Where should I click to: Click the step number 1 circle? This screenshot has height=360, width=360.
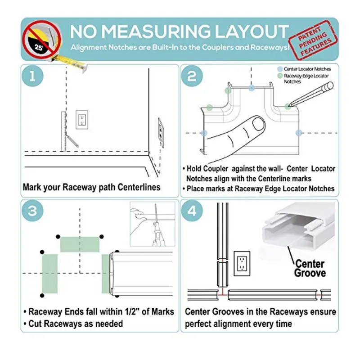[x=32, y=76]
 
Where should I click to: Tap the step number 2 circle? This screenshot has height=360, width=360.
[x=192, y=76]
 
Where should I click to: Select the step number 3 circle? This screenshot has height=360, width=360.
[x=32, y=211]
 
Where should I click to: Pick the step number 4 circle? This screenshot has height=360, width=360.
[x=192, y=211]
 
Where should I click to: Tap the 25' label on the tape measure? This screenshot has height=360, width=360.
[x=39, y=48]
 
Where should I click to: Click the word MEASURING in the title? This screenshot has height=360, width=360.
[x=156, y=31]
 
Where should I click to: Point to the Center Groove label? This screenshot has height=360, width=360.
[x=310, y=268]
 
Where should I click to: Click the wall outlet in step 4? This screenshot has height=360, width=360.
[x=242, y=263]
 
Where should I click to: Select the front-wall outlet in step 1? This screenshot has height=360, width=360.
[x=82, y=120]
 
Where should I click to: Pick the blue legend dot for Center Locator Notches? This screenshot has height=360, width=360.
[x=280, y=69]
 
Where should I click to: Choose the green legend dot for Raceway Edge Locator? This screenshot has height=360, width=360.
[x=280, y=76]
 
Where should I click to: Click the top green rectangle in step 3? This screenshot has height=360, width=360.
[x=80, y=244]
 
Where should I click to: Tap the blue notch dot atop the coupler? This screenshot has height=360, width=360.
[x=252, y=88]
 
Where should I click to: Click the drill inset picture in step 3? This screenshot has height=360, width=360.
[x=153, y=224]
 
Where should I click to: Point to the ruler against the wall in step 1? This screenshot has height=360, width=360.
[x=64, y=131]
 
